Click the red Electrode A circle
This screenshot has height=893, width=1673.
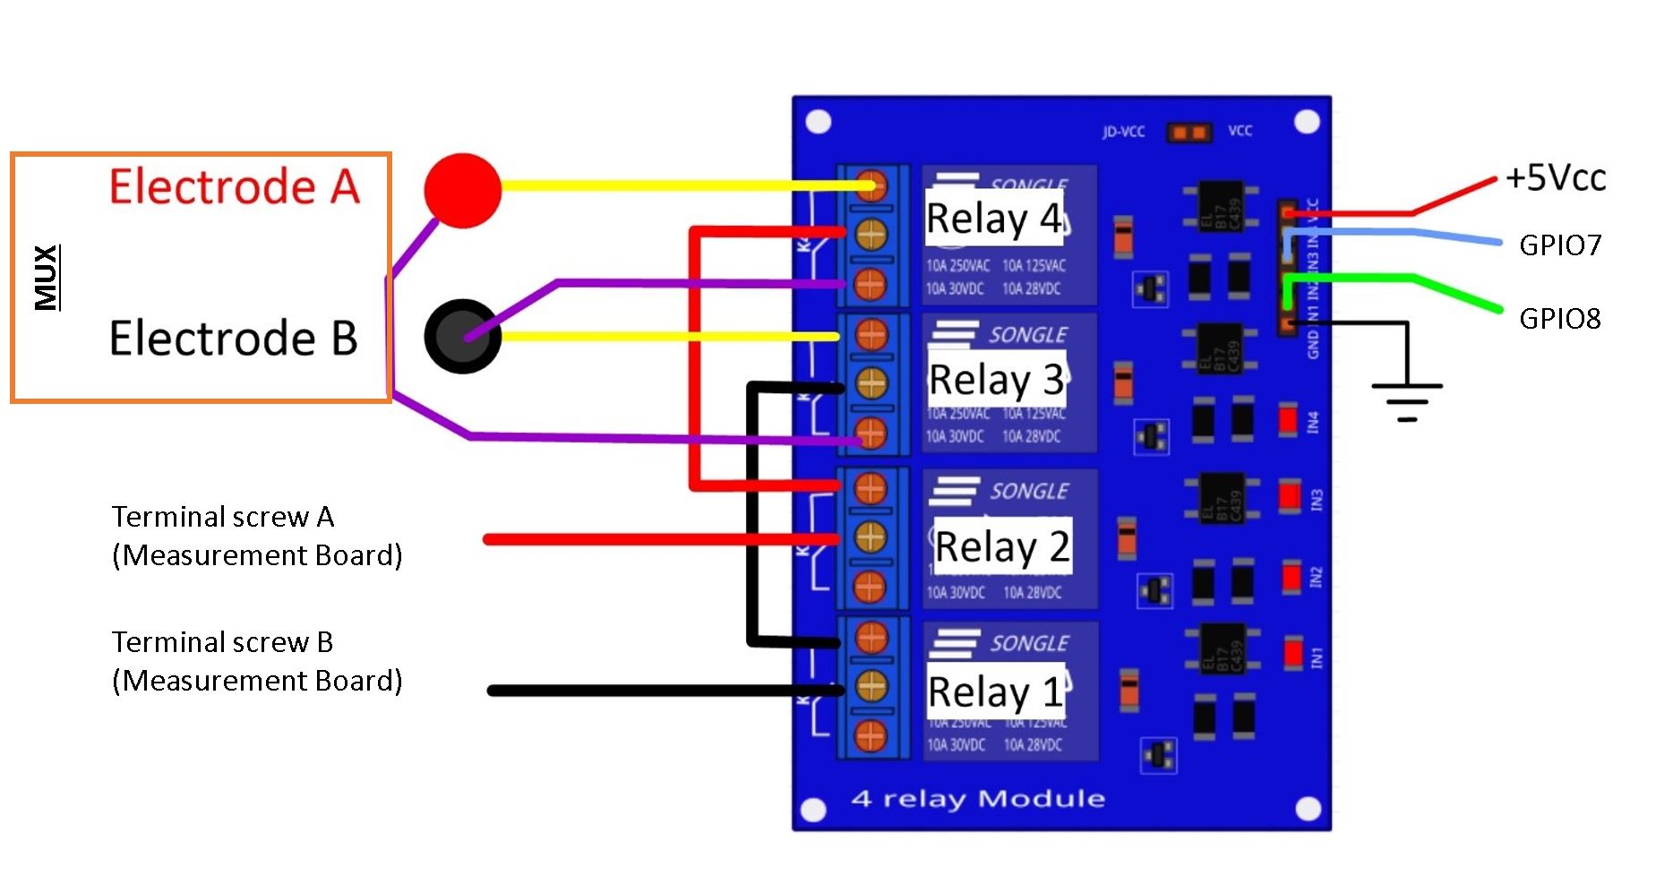tap(462, 190)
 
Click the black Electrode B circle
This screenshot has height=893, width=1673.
tap(462, 336)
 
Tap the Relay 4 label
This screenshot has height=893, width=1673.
tap(993, 218)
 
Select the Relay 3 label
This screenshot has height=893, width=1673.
tap(996, 379)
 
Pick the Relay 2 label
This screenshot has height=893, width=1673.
tap(1002, 545)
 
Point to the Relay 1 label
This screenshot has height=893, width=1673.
tap(995, 691)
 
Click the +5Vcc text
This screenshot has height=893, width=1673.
tap(1556, 177)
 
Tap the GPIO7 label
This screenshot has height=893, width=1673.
tap(1560, 245)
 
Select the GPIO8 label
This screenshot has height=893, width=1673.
tap(1560, 318)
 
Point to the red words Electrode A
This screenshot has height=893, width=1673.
tap(234, 186)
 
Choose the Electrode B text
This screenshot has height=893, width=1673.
tap(233, 338)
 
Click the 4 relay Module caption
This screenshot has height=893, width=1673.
tap(978, 798)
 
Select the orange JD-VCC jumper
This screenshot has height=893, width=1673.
tap(1188, 133)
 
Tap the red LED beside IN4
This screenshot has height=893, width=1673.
tap(1288, 420)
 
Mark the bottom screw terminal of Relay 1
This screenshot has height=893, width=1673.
tap(870, 736)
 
